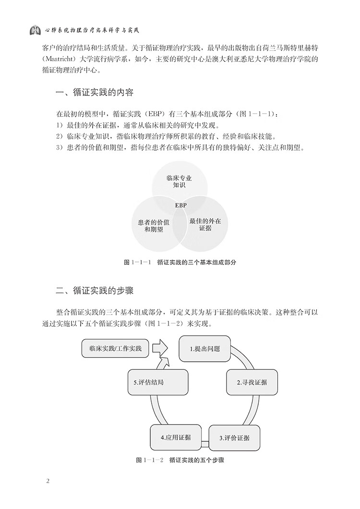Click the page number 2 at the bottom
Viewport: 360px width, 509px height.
tap(48, 481)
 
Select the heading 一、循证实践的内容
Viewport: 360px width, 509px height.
tap(95, 93)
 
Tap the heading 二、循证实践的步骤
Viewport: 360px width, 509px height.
tap(95, 290)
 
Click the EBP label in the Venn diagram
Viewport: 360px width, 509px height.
tap(181, 205)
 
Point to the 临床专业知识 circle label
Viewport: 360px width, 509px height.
tap(179, 182)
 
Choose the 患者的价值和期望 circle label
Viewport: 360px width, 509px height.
tap(154, 226)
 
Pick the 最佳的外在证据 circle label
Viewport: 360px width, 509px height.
tap(205, 225)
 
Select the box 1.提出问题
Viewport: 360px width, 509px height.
tap(205, 349)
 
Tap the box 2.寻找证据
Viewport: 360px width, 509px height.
tap(252, 382)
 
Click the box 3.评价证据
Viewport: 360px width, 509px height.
tap(234, 438)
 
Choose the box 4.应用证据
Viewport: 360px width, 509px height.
tap(176, 437)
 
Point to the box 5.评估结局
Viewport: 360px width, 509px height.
tap(158, 382)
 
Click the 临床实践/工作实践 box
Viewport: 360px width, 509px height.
tap(115, 349)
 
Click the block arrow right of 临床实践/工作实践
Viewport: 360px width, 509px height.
tap(160, 348)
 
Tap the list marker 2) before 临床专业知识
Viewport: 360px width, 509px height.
tap(59, 136)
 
